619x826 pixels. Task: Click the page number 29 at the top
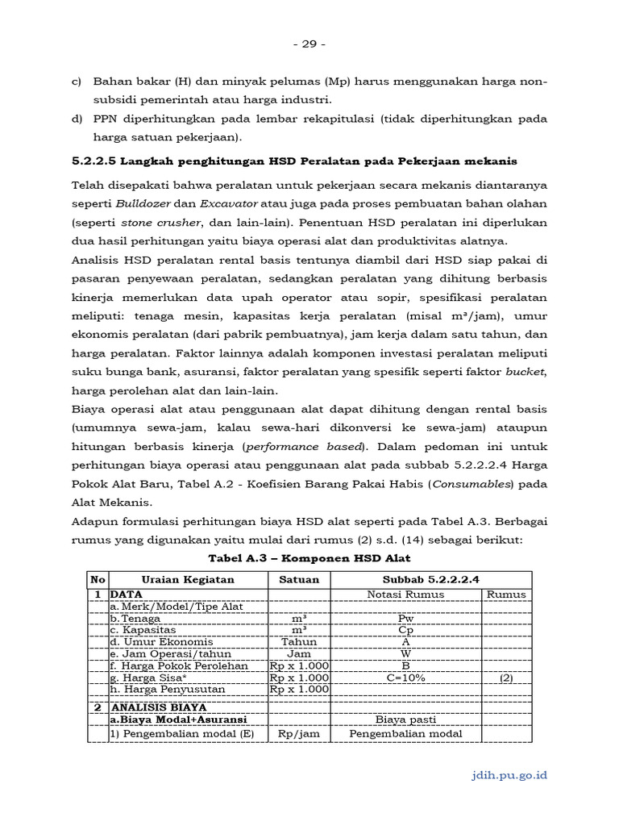pos(309,44)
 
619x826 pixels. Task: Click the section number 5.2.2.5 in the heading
pos(95,161)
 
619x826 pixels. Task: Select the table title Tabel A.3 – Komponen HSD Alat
pos(309,558)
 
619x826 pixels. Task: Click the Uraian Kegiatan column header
pos(188,579)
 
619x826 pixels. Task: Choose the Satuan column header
pos(299,579)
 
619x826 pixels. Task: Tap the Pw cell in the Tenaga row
pos(405,618)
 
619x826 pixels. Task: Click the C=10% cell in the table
pos(405,678)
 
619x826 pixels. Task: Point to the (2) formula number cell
pos(506,678)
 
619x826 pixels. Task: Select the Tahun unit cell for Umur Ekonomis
pos(299,642)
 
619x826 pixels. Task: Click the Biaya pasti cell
pos(405,720)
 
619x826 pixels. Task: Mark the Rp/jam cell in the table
pos(299,733)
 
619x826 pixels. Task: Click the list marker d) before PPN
pos(77,119)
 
